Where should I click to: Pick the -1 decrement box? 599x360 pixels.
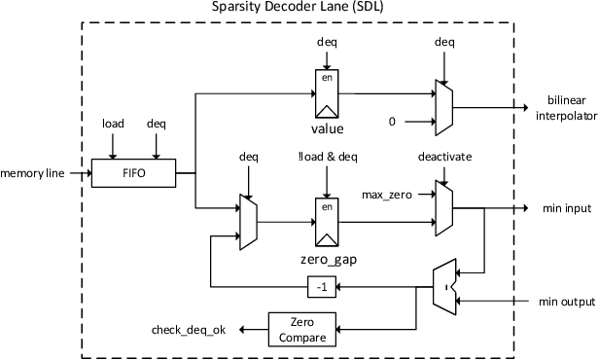pos(322,286)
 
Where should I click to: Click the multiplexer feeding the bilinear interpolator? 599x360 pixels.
pos(443,106)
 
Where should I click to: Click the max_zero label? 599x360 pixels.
pos(386,196)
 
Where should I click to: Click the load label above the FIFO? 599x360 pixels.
pos(113,125)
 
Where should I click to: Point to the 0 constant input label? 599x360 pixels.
pos(393,122)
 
